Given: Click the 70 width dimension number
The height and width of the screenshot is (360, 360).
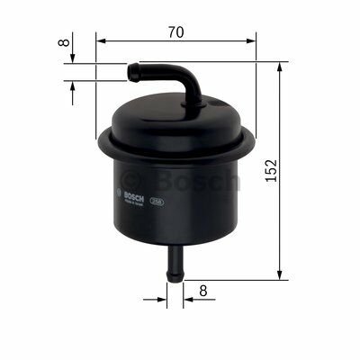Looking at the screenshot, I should [x=175, y=32].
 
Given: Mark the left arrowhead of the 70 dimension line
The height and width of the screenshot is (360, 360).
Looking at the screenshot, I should [x=100, y=41].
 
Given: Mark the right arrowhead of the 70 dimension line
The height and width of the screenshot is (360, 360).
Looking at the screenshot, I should [x=251, y=41].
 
